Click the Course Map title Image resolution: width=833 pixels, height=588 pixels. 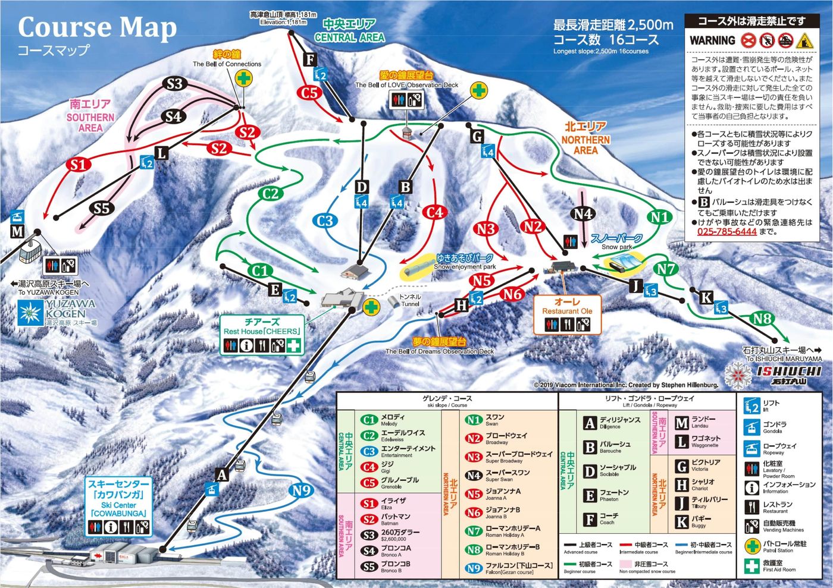[97, 28]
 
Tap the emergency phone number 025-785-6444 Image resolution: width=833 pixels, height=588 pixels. [726, 231]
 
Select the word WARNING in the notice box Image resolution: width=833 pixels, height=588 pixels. [712, 40]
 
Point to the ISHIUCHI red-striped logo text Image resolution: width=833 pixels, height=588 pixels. [789, 371]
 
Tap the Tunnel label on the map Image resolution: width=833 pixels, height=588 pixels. [410, 300]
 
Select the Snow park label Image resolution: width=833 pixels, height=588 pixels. [617, 247]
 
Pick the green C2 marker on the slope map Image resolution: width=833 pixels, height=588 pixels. [270, 193]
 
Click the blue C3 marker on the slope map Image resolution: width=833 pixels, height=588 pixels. [325, 221]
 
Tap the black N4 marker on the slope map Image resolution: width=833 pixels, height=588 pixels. [583, 214]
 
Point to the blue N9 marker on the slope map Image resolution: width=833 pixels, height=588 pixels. [302, 490]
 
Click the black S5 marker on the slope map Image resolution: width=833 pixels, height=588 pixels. [102, 208]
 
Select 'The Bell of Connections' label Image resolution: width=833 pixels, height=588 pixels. [227, 64]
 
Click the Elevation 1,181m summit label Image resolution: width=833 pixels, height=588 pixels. [283, 23]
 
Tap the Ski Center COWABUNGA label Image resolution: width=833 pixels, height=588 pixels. [118, 498]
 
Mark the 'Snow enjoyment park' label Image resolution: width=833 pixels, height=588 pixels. [465, 267]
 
